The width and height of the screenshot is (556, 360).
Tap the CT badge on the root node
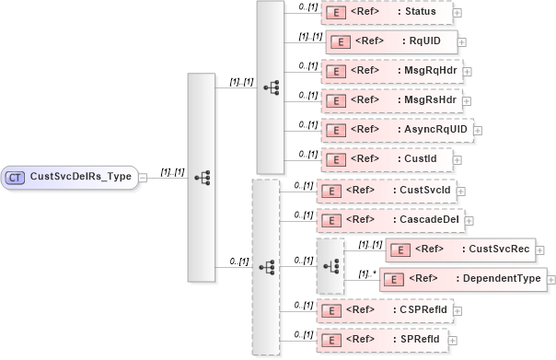[16, 177]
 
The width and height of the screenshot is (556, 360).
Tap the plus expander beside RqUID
[462, 42]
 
